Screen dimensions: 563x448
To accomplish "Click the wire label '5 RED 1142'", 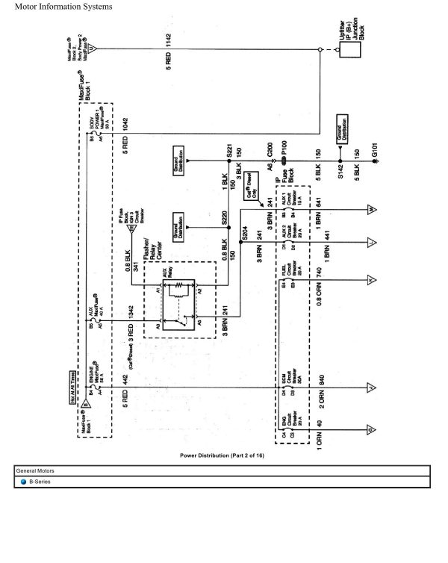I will click(169, 57).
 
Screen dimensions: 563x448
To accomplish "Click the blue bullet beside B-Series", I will click(23, 482).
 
